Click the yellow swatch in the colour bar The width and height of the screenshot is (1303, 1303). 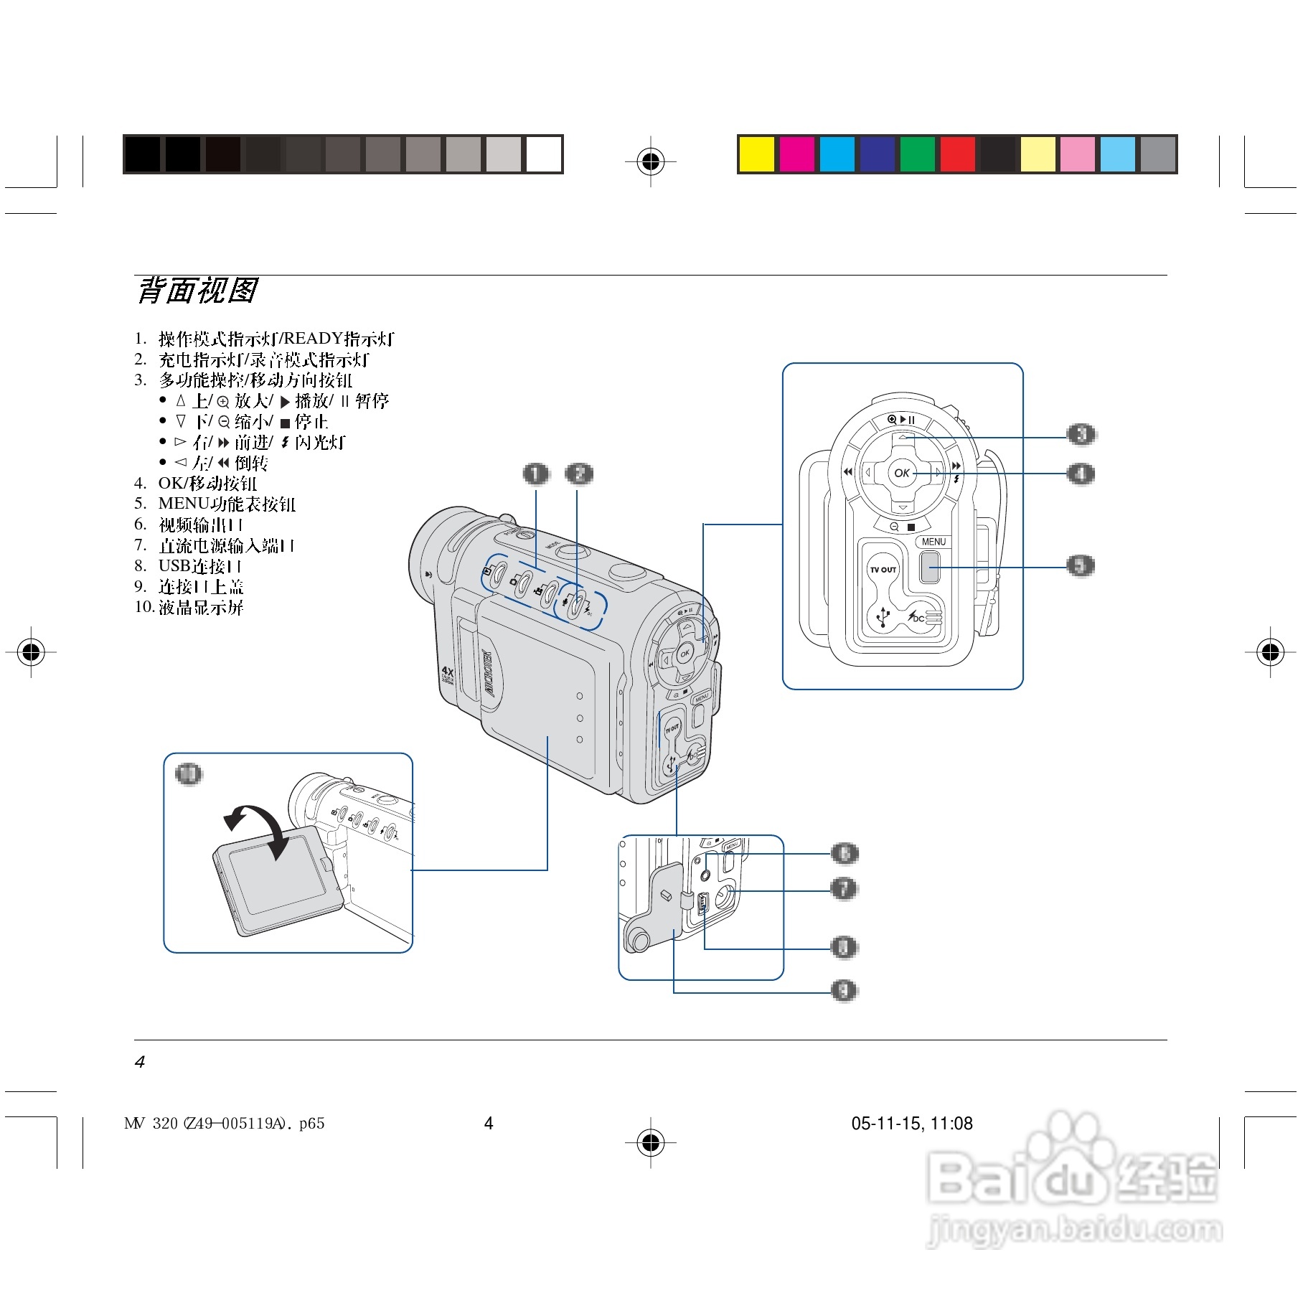[756, 154]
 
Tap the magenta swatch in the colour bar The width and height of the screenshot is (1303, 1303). [796, 154]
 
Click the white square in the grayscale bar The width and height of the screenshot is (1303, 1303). [543, 154]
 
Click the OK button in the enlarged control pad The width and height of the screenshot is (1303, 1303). [902, 472]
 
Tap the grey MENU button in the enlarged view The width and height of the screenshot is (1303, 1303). [930, 568]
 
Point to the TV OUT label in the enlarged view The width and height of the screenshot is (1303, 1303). [883, 570]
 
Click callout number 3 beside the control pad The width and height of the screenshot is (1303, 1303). [1081, 434]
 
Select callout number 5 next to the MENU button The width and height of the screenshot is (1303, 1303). [1081, 565]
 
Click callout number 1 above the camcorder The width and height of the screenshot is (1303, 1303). [535, 474]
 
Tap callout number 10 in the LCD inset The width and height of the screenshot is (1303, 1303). [189, 773]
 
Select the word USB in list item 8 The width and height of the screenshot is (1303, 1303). [174, 566]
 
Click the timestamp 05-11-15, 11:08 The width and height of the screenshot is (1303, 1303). [911, 1124]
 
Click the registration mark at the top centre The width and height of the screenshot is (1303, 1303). [651, 161]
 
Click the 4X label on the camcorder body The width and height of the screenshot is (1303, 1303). [448, 672]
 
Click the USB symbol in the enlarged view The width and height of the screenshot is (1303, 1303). [883, 616]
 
